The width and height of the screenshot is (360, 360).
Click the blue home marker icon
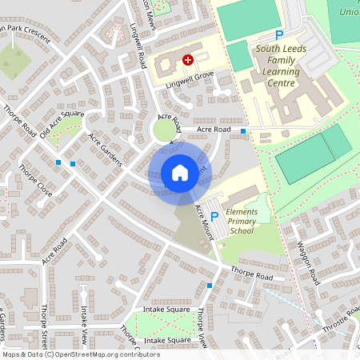tap(179, 173)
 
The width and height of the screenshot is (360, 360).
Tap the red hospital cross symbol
tap(188, 59)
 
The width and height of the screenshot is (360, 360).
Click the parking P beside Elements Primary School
tap(214, 215)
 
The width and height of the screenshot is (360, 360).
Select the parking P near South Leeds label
tap(279, 34)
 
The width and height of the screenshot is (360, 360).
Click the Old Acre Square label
tap(62, 124)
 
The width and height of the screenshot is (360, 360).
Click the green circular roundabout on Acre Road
tap(166, 130)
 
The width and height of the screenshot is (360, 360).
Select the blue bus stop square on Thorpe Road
tap(210, 285)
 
